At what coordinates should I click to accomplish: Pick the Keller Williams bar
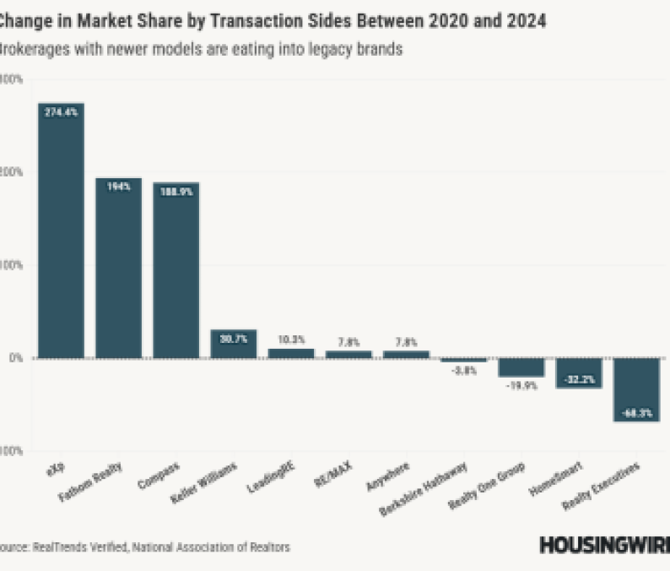(x=233, y=344)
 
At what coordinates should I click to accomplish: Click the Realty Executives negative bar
(x=636, y=389)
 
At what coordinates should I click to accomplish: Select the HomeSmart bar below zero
(x=579, y=373)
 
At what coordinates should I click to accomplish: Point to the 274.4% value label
(x=61, y=111)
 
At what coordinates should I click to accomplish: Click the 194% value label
(x=118, y=186)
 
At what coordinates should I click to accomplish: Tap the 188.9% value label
(x=176, y=191)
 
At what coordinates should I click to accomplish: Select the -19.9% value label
(x=521, y=385)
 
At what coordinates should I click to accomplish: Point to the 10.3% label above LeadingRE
(x=290, y=340)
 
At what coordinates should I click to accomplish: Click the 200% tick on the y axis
(x=12, y=171)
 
